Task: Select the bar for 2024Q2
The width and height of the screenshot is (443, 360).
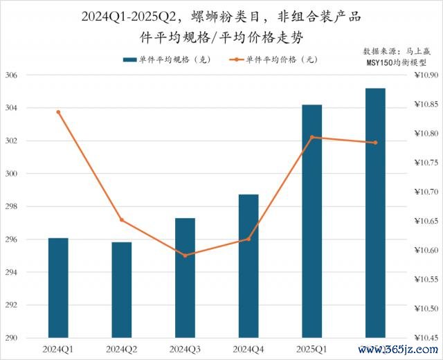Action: point(122,290)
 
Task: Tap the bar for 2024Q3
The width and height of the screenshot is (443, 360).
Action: point(185,278)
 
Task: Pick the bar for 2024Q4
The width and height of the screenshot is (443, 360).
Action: point(248,267)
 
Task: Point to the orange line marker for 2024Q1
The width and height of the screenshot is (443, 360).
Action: point(58,112)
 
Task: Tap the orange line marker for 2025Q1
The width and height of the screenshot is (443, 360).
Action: point(311,137)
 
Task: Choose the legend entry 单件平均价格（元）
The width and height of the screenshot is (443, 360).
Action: point(271,60)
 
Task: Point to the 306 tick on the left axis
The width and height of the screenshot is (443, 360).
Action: point(12,75)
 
